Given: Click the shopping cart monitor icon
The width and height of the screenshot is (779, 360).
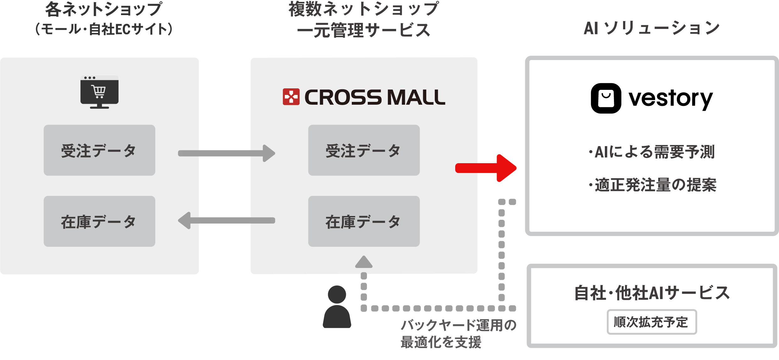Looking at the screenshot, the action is click(99, 92).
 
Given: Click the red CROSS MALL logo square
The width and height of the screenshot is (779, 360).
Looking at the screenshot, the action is click(291, 97).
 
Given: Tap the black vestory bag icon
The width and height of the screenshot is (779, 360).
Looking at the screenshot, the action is click(606, 98).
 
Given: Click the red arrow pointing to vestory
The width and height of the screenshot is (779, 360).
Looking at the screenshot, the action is click(486, 168).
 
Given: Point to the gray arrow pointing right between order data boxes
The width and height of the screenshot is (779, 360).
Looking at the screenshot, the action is click(226, 153).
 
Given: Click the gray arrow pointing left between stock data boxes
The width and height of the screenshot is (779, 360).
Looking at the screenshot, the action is click(226, 220).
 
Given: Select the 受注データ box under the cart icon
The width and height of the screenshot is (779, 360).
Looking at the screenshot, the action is click(99, 150).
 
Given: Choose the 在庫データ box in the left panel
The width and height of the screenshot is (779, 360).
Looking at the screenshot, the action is click(99, 221).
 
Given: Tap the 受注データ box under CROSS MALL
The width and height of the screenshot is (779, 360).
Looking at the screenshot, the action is click(364, 150).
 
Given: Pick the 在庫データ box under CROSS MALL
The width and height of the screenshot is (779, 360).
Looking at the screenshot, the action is click(364, 221).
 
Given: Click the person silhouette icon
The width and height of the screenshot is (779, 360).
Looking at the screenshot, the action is click(337, 307).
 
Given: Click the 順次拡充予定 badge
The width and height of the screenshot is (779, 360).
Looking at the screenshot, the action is click(652, 322).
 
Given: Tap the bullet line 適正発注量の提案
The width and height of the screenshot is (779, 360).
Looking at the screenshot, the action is click(653, 185).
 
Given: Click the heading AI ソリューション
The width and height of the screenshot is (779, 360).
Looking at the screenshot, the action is click(652, 28).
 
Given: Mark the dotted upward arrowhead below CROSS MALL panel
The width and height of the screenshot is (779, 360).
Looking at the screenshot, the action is click(364, 262).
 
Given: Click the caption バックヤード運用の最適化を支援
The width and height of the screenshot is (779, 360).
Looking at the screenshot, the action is click(458, 334).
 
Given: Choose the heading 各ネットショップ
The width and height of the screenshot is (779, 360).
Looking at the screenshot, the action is click(104, 9).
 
